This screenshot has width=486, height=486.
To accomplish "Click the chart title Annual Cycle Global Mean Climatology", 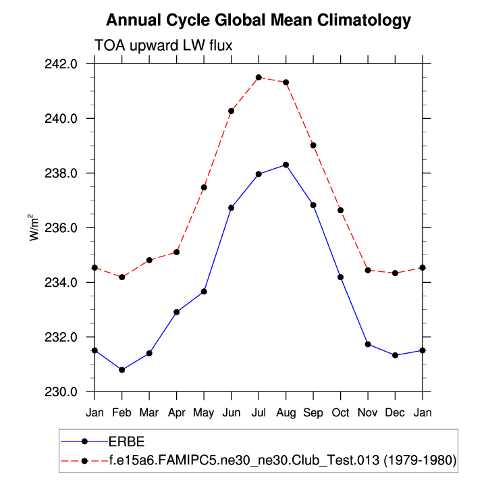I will (258, 20).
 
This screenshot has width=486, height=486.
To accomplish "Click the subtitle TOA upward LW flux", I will (163, 45).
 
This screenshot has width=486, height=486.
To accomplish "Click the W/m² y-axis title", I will (32, 227).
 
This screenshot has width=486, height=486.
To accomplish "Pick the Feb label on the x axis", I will (122, 410).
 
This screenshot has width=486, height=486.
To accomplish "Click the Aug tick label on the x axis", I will (286, 410).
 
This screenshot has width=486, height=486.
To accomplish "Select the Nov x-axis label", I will (368, 410).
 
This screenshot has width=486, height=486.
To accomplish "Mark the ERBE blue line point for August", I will (286, 165).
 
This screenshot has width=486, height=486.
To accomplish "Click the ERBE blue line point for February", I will (122, 370).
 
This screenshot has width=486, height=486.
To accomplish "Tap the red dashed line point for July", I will (259, 78).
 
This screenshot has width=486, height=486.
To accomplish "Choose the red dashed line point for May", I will (204, 187).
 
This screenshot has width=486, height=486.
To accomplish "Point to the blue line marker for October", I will (341, 277).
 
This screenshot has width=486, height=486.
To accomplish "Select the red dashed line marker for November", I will (368, 270).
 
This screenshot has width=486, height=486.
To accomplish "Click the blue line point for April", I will (177, 312).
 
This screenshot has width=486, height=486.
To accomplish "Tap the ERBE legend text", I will (127, 441).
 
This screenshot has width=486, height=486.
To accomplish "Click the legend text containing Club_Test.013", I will (283, 460).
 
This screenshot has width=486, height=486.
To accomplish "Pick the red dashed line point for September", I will (313, 145).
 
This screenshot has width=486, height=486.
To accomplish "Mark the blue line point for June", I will (232, 207).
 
